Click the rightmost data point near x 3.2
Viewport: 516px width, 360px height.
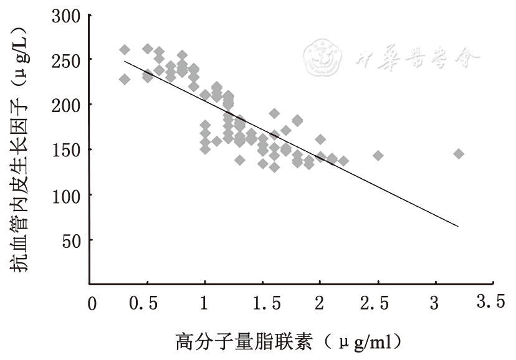[459, 154]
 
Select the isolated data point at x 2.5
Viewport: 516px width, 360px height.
[378, 155]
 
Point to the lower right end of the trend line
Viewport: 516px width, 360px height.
[458, 226]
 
